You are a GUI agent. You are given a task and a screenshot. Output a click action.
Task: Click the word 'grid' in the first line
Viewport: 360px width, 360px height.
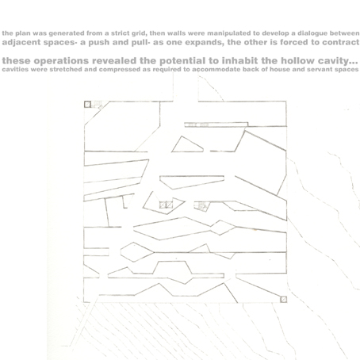point(139,33)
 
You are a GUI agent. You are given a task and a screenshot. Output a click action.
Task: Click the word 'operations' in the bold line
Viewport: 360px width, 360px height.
point(61,61)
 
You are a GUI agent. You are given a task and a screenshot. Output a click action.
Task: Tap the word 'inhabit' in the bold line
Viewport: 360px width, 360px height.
point(239,61)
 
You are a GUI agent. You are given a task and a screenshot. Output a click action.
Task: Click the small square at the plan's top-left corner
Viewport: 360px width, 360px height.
point(87,105)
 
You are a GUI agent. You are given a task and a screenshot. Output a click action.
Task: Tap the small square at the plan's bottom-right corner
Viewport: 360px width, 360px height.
point(283,299)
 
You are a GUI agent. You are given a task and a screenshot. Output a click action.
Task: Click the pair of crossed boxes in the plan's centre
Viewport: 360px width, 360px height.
point(166,205)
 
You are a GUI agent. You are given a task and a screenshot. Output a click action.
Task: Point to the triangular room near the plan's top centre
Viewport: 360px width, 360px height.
point(187,146)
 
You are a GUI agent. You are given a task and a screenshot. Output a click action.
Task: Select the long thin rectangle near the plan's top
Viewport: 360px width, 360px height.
point(216,124)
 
